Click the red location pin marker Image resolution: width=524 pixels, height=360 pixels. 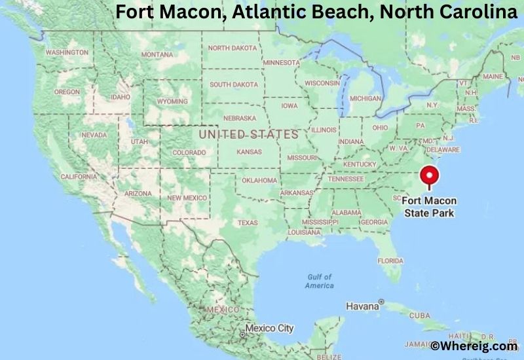pyautogui.click(x=430, y=176)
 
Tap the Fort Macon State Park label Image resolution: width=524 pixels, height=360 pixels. pyautogui.click(x=430, y=207)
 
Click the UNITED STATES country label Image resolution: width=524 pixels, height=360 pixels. pyautogui.click(x=248, y=134)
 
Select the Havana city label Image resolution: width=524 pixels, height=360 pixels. pyautogui.click(x=363, y=306)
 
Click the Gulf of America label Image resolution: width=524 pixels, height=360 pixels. pyautogui.click(x=320, y=281)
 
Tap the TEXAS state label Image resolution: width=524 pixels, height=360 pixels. pyautogui.click(x=248, y=223)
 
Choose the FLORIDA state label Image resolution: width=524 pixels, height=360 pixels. pyautogui.click(x=390, y=261)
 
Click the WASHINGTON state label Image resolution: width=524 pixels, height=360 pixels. pyautogui.click(x=67, y=52)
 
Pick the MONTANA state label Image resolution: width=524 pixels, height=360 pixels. pyautogui.click(x=157, y=54)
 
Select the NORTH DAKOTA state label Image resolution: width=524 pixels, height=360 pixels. pyautogui.click(x=233, y=48)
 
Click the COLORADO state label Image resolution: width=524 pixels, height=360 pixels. pyautogui.click(x=189, y=153)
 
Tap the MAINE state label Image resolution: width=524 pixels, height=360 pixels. pyautogui.click(x=493, y=77)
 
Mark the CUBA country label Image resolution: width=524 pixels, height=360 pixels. pyautogui.click(x=419, y=315)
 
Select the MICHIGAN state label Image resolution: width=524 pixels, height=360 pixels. pyautogui.click(x=365, y=98)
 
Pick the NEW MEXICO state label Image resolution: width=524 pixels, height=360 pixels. pyautogui.click(x=187, y=198)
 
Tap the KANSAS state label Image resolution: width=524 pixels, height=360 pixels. pyautogui.click(x=249, y=152)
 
